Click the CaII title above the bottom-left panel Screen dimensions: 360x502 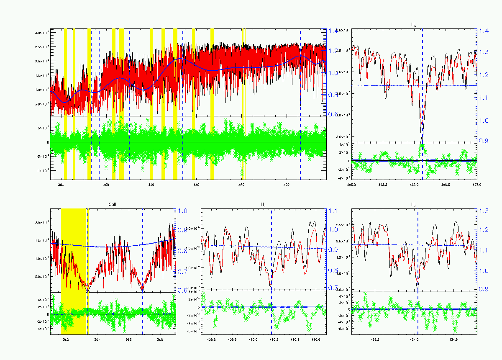coord(112,205)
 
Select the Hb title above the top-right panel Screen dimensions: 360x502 coord(414,26)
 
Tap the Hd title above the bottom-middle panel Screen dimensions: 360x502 coord(263,205)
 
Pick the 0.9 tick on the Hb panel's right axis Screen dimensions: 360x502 coord(484,141)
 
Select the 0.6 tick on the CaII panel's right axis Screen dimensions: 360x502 coord(182,290)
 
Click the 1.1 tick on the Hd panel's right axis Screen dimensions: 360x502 coord(333,211)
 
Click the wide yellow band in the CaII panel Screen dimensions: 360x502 coord(74,251)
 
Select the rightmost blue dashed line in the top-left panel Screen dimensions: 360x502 coord(300,105)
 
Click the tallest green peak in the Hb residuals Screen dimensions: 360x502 coord(422,145)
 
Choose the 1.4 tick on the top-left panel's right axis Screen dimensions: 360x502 coord(333,31)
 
